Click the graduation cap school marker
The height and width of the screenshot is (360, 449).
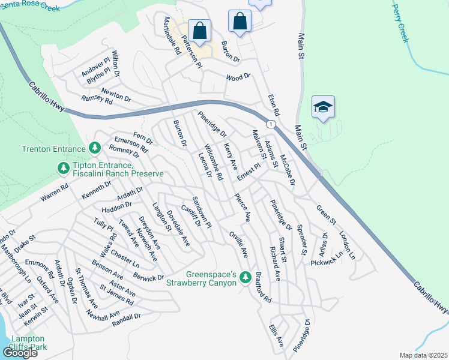coord(323,107)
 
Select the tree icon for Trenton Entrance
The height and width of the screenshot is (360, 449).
coord(94,148)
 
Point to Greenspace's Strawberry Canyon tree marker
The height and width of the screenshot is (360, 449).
coord(244,277)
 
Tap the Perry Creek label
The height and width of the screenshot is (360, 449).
coord(400,23)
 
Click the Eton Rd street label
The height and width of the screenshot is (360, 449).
coord(274,104)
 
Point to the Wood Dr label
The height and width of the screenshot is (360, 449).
coord(237,77)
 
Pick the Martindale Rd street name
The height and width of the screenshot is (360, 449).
coord(169,36)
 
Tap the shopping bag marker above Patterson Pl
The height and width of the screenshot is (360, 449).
coord(199,30)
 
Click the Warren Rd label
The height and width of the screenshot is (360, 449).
coord(55,192)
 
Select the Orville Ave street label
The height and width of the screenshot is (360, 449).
coord(238,244)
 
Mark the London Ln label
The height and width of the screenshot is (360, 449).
coord(347,245)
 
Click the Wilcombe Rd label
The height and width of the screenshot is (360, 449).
coord(214,163)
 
